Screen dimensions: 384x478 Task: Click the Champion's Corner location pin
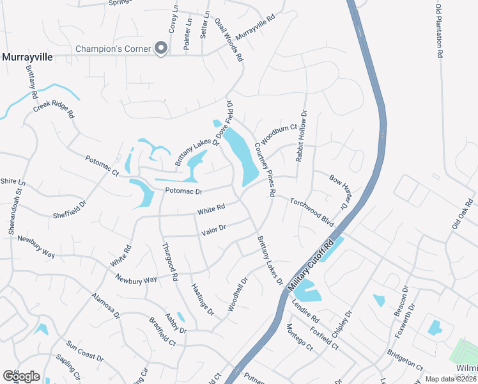pyautogui.click(x=162, y=48)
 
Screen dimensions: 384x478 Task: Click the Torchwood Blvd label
pyautogui.click(x=312, y=211)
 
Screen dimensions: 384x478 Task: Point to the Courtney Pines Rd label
pyautogui.click(x=265, y=168)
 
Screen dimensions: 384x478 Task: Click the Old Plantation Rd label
pyautogui.click(x=439, y=31)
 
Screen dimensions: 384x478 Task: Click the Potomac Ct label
pyautogui.click(x=102, y=168)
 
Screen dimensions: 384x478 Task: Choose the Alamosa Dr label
pyautogui.click(x=106, y=307)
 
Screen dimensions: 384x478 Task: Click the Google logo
pyautogui.click(x=21, y=376)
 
